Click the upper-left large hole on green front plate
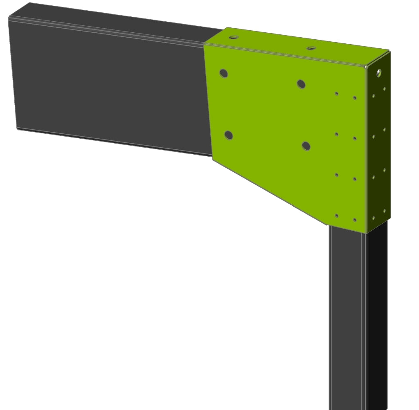point(223,73)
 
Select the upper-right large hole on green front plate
point(301,84)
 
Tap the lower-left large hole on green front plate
point(228,135)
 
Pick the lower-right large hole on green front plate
point(306,146)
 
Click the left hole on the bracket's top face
point(234,37)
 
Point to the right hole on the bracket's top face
point(311,48)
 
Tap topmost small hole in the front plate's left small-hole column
point(336,94)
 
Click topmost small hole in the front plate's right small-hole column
point(354,98)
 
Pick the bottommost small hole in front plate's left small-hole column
point(336,215)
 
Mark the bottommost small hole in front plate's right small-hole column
point(354,220)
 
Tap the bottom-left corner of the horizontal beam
point(17,128)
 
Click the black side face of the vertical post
point(377,319)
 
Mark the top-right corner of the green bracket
point(389,51)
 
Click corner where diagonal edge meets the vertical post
point(327,225)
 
